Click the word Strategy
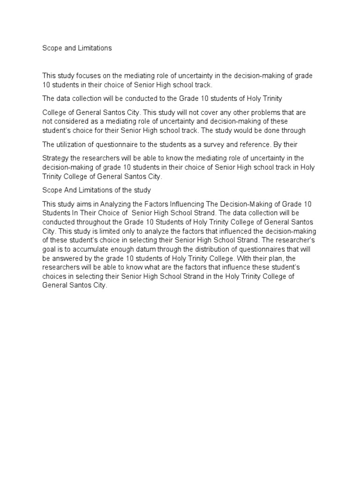[56, 158]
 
